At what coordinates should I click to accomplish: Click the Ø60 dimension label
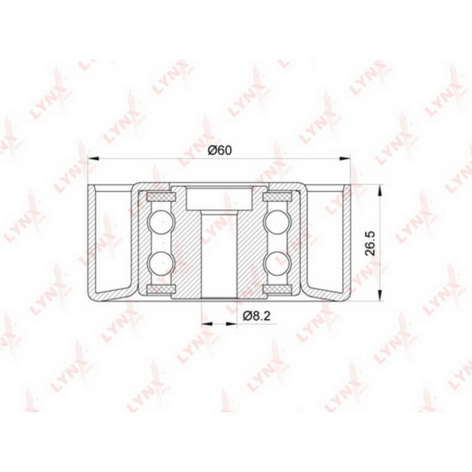point(220,150)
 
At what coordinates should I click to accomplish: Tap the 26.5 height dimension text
point(370,243)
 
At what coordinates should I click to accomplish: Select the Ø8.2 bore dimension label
point(257,315)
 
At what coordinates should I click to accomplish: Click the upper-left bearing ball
point(161,223)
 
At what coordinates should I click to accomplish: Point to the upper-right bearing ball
point(277,223)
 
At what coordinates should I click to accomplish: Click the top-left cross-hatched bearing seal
point(161,197)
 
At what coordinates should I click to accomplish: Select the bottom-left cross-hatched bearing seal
point(161,289)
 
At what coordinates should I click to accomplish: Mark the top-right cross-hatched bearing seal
point(277,197)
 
